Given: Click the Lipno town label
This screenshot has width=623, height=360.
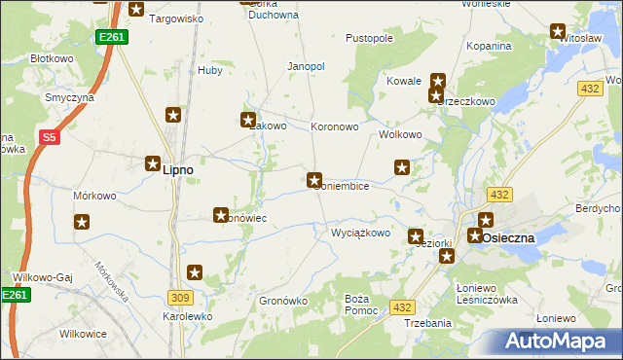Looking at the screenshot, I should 177,169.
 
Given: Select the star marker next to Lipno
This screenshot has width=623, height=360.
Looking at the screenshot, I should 154,164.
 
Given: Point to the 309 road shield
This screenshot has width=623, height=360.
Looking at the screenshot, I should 181,297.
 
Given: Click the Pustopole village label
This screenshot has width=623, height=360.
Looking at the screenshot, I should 369,39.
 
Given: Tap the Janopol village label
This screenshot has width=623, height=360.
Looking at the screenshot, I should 305,66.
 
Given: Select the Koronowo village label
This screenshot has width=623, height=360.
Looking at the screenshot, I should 335,126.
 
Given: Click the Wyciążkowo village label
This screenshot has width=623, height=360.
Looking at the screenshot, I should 360,234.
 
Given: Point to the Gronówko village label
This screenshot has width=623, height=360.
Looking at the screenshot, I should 283,302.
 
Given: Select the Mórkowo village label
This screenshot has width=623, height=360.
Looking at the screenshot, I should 94,196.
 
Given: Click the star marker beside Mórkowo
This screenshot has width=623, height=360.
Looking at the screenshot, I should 82,222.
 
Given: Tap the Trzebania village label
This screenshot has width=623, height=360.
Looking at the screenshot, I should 427,323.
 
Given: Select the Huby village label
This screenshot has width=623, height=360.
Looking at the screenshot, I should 210,70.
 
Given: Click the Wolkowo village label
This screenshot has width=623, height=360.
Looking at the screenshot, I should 399,134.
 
